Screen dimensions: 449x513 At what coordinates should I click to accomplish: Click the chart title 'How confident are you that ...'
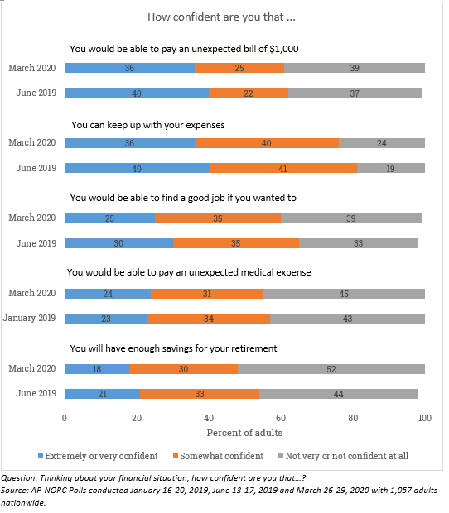[x=221, y=17]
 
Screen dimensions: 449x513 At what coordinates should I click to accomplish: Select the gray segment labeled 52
[x=331, y=369]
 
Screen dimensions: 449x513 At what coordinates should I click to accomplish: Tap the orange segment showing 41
[x=283, y=168]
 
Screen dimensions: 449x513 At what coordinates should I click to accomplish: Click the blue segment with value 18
[x=97, y=369]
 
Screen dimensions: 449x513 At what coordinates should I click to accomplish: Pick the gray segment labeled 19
[x=391, y=168]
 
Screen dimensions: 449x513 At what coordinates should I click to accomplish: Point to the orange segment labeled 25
[x=239, y=68]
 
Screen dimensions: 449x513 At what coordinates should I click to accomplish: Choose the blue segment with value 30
[x=119, y=243]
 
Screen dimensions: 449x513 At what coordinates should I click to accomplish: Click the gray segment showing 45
[x=344, y=294]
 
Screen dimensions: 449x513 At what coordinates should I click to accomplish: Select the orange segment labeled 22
[x=249, y=93]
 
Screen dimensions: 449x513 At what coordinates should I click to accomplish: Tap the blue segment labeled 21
[x=103, y=394]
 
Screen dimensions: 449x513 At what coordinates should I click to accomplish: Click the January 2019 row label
[x=30, y=318]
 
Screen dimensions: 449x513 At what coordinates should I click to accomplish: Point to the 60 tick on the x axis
[x=281, y=418]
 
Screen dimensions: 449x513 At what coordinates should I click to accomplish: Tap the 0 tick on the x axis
[x=65, y=418]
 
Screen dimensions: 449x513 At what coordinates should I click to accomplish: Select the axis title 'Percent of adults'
[x=244, y=433]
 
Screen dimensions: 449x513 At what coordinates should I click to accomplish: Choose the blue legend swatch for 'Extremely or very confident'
[x=41, y=456]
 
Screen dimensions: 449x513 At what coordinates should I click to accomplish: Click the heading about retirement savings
[x=173, y=348]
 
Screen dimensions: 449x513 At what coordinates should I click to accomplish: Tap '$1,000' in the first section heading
[x=284, y=49]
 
